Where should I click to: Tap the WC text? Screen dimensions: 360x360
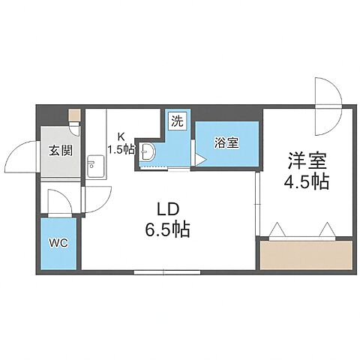pos(58,243)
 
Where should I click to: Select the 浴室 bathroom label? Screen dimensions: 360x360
pos(228,143)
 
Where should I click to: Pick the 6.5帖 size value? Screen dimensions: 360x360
pos(167,228)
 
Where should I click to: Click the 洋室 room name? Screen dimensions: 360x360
pos(307,160)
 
